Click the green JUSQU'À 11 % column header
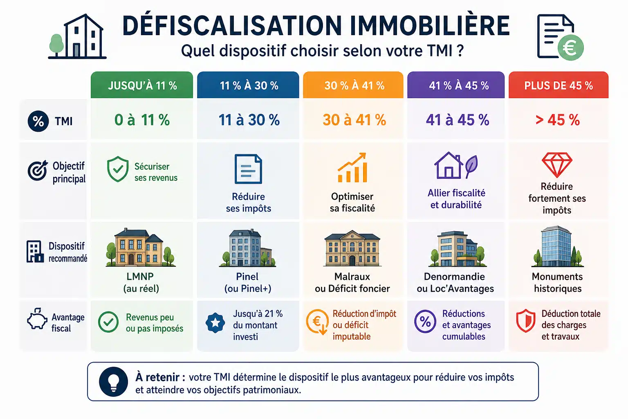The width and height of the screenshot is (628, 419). [142, 85]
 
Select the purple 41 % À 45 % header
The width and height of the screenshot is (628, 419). [456, 85]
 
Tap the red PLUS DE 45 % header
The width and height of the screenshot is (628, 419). [558, 85]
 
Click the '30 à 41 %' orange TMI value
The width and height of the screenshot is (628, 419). [354, 120]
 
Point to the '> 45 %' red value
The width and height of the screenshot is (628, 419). [557, 120]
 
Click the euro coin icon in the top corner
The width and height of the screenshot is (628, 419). [570, 48]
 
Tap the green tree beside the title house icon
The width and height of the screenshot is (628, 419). [56, 45]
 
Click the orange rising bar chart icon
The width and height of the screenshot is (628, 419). [352, 167]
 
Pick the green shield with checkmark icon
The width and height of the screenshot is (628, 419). [118, 169]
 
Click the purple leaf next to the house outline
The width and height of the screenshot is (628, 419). [471, 167]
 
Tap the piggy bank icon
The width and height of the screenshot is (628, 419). [37, 319]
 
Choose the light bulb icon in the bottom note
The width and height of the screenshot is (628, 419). [114, 382]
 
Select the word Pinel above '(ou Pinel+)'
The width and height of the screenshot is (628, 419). [247, 277]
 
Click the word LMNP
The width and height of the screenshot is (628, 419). [140, 277]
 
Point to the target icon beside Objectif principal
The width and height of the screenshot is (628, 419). [37, 170]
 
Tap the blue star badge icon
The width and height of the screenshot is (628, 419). [215, 323]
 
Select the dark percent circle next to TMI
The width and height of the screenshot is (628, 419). [38, 122]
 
